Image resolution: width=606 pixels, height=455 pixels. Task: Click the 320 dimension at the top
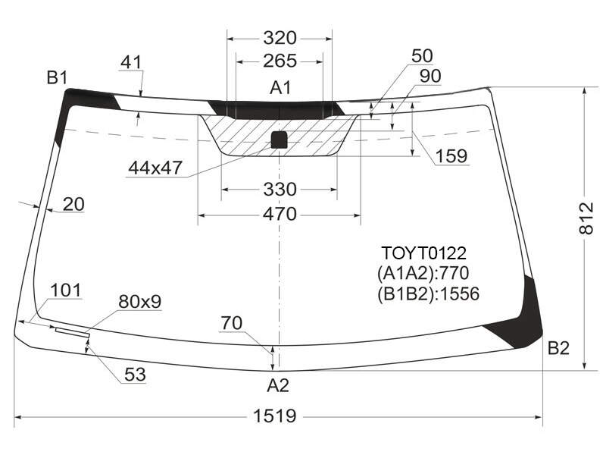280,39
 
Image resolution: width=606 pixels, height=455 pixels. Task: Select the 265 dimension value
280,61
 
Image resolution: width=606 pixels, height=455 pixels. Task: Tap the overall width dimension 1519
275,416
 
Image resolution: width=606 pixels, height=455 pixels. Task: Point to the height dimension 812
586,218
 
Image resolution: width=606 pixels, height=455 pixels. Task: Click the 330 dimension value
280,190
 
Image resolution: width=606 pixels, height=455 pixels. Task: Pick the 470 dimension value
280,214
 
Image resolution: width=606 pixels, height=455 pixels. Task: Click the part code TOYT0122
424,253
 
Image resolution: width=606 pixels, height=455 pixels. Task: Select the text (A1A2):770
423,273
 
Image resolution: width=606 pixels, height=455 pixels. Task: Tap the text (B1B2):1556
428,294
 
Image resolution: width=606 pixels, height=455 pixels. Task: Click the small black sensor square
279,140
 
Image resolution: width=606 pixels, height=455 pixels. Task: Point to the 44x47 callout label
155,168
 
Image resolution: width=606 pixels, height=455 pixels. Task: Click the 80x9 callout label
140,302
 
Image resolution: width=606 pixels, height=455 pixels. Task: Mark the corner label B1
58,78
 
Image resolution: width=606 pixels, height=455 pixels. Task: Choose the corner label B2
558,349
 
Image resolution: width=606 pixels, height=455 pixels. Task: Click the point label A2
278,385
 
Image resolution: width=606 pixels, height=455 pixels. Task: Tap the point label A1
280,88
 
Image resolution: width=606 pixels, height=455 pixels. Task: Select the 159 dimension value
451,156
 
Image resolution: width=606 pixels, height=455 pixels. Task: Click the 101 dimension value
66,290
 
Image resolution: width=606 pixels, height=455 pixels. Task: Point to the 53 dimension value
136,375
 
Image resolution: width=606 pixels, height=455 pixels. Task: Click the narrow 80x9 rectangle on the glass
73,332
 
